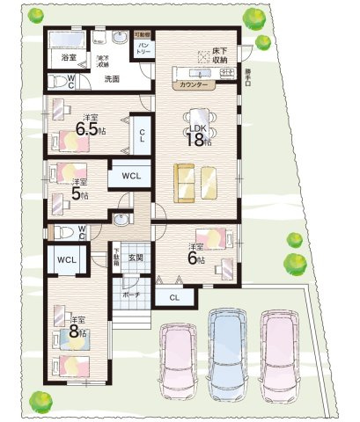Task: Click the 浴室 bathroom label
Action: coord(69,57)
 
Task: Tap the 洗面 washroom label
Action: coord(113,79)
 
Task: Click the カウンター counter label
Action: coord(193,86)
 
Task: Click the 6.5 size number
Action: coord(88,130)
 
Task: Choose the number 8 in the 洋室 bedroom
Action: coord(77,332)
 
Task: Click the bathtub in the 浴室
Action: coord(63,41)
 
